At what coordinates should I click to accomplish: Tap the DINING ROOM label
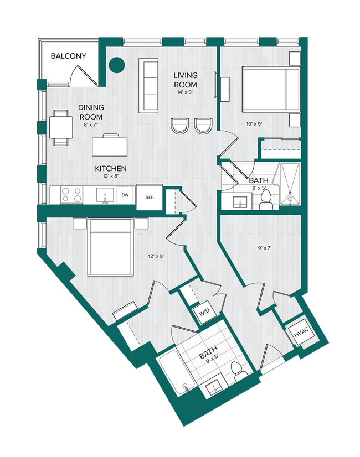click(91, 112)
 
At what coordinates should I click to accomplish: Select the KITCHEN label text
click(111, 168)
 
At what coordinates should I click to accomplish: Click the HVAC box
click(300, 334)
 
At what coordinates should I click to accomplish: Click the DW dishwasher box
click(125, 195)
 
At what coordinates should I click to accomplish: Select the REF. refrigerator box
click(149, 198)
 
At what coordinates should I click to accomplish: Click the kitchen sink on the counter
click(104, 195)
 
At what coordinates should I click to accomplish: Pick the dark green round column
click(117, 65)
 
